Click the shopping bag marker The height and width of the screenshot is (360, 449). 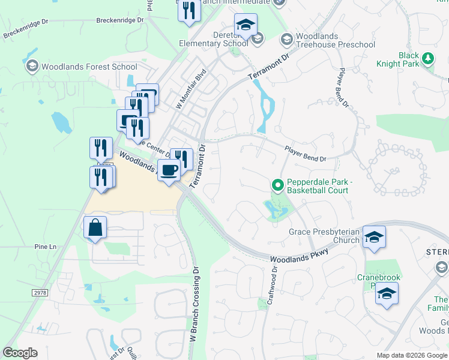click(95, 228)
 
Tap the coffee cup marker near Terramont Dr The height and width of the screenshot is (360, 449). click(169, 170)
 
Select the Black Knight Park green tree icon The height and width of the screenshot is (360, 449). click(427, 59)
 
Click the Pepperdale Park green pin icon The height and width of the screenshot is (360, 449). click(277, 184)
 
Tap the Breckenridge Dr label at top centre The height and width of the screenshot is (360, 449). click(121, 20)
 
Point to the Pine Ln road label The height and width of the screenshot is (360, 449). click(44, 247)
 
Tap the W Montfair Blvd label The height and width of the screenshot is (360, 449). click(190, 88)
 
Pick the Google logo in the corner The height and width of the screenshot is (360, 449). click(20, 353)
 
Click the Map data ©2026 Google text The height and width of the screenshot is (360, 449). click(411, 355)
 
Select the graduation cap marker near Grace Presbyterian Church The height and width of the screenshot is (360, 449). click(373, 237)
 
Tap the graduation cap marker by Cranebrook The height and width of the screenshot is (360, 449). click(387, 293)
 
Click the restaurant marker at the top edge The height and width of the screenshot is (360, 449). click(189, 11)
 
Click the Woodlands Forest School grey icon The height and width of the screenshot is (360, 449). click(32, 66)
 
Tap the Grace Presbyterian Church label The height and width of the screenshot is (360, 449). click(324, 236)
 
